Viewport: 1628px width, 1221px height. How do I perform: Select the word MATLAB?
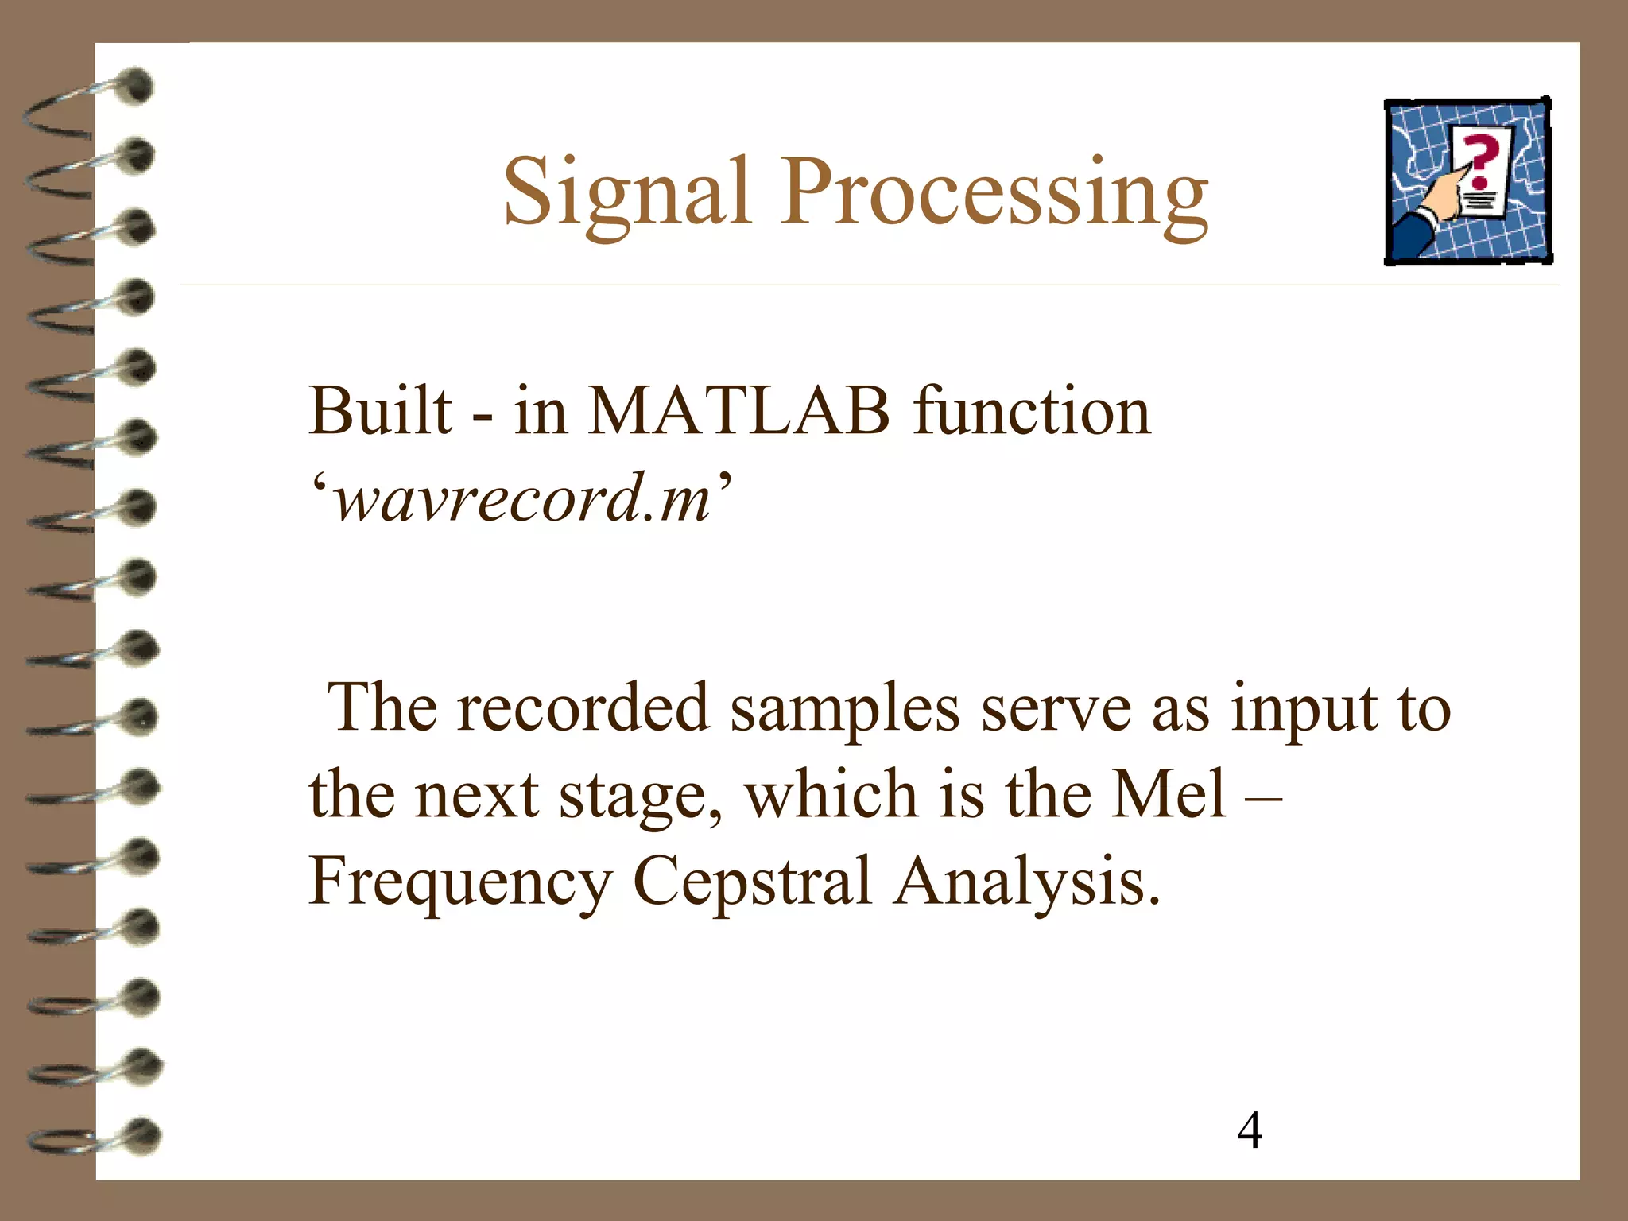[738, 412]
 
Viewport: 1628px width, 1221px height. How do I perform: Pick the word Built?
[380, 412]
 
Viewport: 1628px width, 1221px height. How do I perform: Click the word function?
[1032, 412]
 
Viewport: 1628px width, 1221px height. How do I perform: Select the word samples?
[845, 709]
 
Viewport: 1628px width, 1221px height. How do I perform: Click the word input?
[1304, 709]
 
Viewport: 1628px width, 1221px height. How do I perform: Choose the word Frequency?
[460, 882]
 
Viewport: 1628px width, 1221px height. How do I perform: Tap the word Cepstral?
[752, 882]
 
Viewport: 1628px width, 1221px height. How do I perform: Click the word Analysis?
[1025, 882]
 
